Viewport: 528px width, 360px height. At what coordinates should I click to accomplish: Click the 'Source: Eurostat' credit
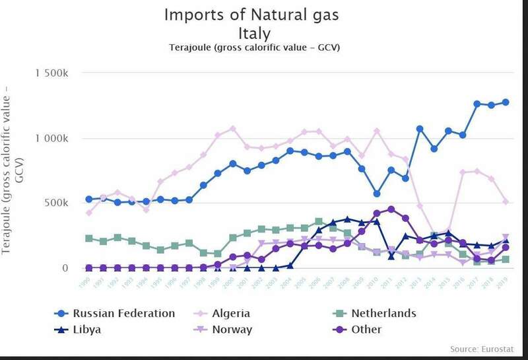484,348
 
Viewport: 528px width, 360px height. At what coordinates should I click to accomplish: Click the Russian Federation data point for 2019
506,102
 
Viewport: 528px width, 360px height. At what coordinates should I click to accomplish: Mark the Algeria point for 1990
89,213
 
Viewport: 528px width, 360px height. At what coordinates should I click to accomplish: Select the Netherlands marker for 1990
89,238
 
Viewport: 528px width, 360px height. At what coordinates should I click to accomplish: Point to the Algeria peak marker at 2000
232,128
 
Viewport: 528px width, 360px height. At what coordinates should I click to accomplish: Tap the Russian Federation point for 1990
89,199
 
